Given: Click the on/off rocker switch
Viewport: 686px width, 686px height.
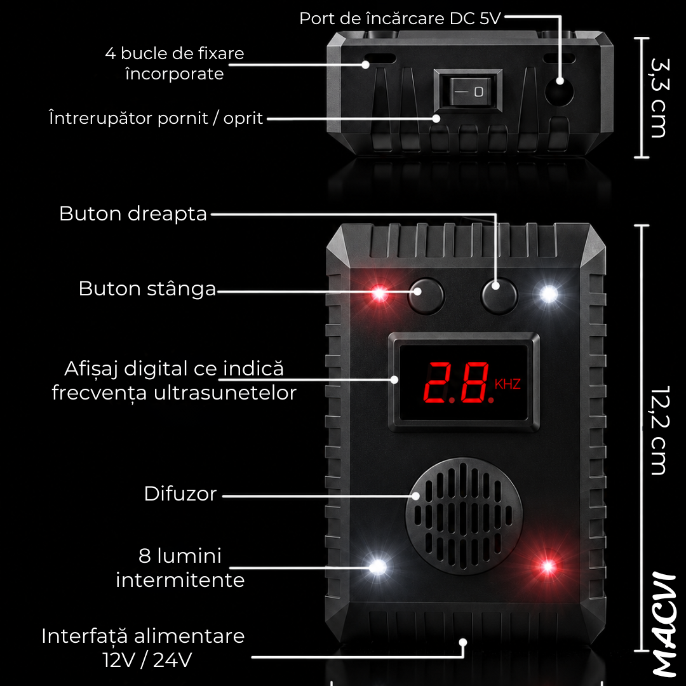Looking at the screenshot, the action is point(467,91).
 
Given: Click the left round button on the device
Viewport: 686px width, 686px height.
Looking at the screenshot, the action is point(426,296).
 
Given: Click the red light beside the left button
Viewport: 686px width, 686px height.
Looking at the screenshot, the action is point(379,293).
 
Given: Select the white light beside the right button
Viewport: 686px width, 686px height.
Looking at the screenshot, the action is point(549,293).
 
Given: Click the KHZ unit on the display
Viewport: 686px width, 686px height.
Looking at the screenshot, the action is point(508,384).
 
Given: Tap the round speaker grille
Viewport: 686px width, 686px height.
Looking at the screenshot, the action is point(464,516).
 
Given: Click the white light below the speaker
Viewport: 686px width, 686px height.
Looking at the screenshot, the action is point(377,567).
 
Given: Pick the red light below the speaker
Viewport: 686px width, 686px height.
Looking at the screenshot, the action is point(548,567).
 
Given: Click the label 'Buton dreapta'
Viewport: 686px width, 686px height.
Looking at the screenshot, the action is point(133,214).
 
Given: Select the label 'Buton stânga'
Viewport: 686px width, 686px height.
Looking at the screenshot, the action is point(147,289).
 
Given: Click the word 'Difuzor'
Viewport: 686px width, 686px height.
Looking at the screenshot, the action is point(180,494).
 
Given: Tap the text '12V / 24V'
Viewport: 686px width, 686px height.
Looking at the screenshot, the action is point(147,660).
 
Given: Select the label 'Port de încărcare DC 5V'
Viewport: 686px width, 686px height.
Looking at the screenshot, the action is point(400,18).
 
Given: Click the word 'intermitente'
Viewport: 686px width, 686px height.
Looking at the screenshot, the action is point(180,580).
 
